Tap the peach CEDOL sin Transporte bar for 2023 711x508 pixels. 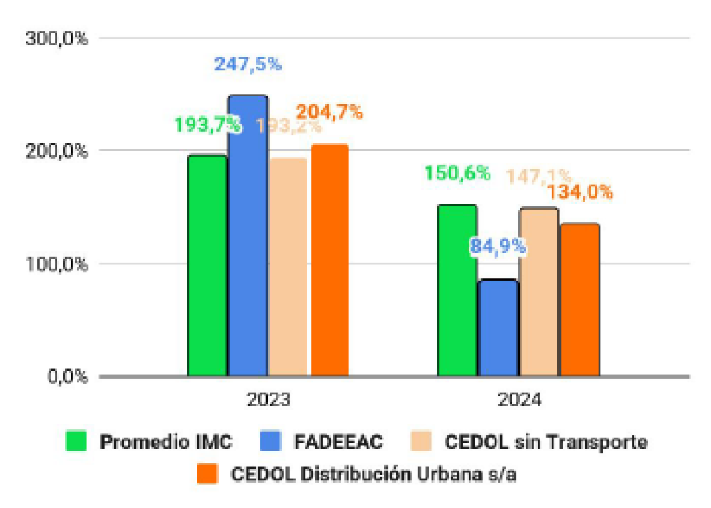point(288,267)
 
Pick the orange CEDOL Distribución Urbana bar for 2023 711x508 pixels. point(329,260)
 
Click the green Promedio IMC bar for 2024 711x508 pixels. point(457,290)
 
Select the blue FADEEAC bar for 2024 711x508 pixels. point(498,328)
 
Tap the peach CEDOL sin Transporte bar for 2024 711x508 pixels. point(539,292)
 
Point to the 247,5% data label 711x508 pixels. point(248,64)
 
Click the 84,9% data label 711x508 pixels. point(498,246)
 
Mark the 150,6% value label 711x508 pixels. point(457,173)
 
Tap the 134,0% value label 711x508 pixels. point(580,192)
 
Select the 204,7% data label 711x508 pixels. point(329,111)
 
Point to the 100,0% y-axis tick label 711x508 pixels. point(57,264)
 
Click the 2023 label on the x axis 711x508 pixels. point(268,399)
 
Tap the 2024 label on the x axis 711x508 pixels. point(519,399)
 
